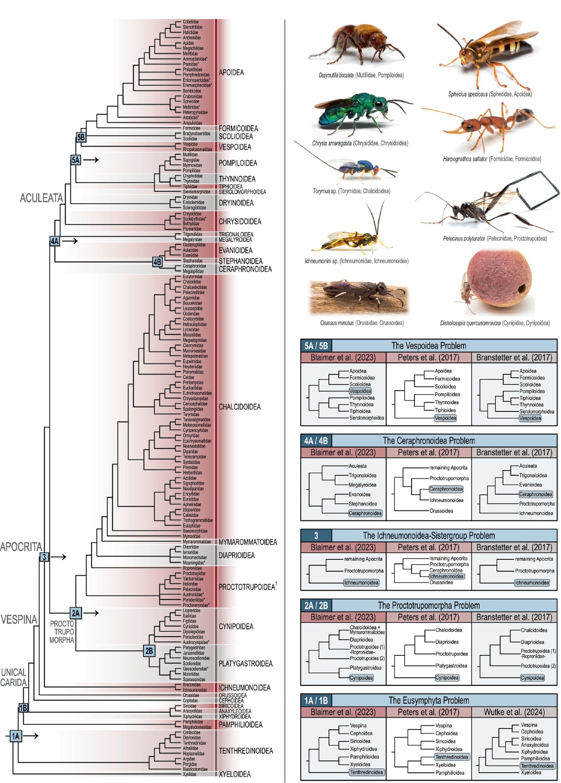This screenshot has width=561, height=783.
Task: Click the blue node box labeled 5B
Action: [81, 137]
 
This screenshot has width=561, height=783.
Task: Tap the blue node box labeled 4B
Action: [157, 262]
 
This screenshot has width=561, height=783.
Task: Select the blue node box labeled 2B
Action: [149, 651]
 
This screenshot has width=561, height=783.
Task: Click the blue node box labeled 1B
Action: [23, 707]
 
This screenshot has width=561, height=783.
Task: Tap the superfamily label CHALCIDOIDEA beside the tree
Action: [239, 407]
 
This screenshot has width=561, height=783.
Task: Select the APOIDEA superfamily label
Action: [231, 72]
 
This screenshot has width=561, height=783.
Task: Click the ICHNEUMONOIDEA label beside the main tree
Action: [244, 687]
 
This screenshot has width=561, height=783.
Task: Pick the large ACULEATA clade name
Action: [41, 198]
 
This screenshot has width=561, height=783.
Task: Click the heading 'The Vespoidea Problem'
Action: [429, 346]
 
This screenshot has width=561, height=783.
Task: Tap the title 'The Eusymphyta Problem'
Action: [429, 700]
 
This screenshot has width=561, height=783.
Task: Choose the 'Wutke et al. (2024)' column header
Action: [514, 712]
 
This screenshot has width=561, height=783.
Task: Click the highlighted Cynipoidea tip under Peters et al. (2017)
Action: [447, 678]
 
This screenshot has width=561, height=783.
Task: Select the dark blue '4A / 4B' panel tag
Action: [316, 440]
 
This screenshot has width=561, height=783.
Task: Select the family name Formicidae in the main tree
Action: [191, 128]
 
